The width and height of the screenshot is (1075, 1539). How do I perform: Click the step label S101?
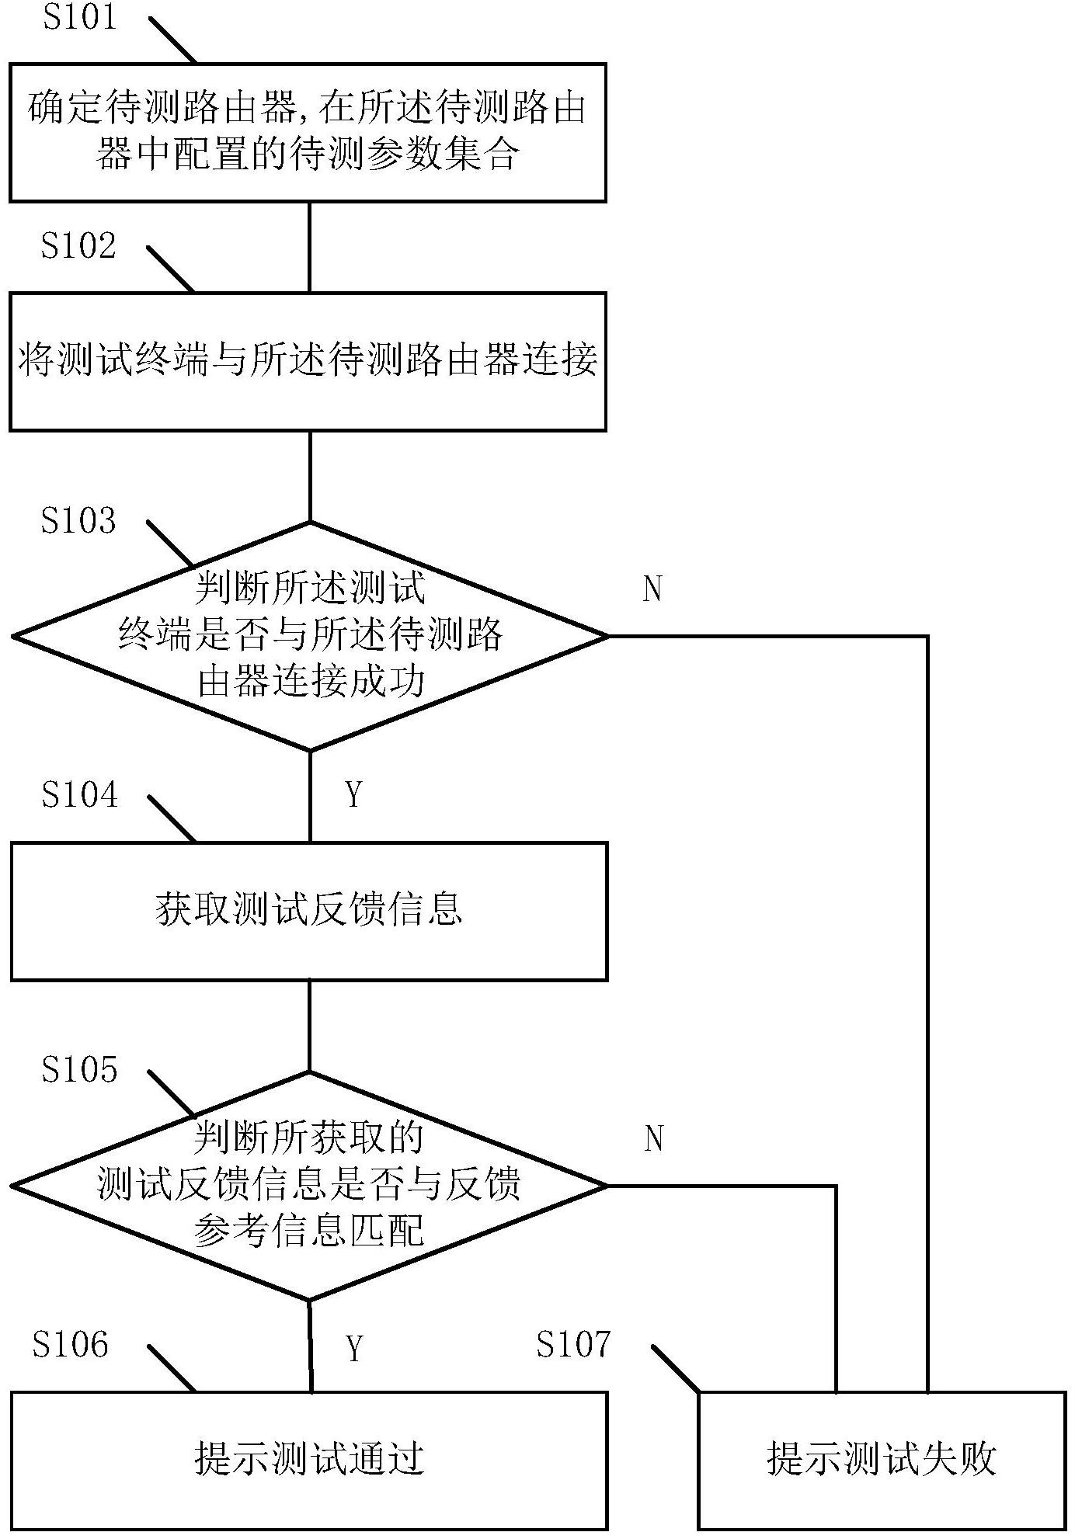point(78,18)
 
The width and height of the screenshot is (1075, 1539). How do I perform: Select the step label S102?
point(78,245)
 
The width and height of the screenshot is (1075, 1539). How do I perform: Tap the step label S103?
point(78,520)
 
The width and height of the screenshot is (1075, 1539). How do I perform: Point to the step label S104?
point(80,794)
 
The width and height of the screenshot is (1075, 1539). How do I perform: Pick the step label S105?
point(80,1069)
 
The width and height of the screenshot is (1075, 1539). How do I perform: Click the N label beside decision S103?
point(652,589)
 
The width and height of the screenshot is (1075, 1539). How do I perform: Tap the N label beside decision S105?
point(653,1139)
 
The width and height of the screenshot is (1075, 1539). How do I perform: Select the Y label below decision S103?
point(354,795)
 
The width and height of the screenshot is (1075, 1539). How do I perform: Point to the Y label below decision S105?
point(355,1350)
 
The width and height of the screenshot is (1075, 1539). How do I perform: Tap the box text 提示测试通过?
point(309,1459)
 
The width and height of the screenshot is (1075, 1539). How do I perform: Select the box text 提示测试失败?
point(882,1459)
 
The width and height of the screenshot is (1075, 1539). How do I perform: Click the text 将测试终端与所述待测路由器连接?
point(308,360)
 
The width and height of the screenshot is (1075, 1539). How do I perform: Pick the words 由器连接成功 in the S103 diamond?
point(311,682)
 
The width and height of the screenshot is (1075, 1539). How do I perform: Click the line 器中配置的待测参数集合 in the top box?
point(308,155)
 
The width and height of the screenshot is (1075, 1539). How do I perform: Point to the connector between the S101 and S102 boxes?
point(309,247)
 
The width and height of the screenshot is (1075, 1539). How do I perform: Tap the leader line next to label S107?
point(676,1367)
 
